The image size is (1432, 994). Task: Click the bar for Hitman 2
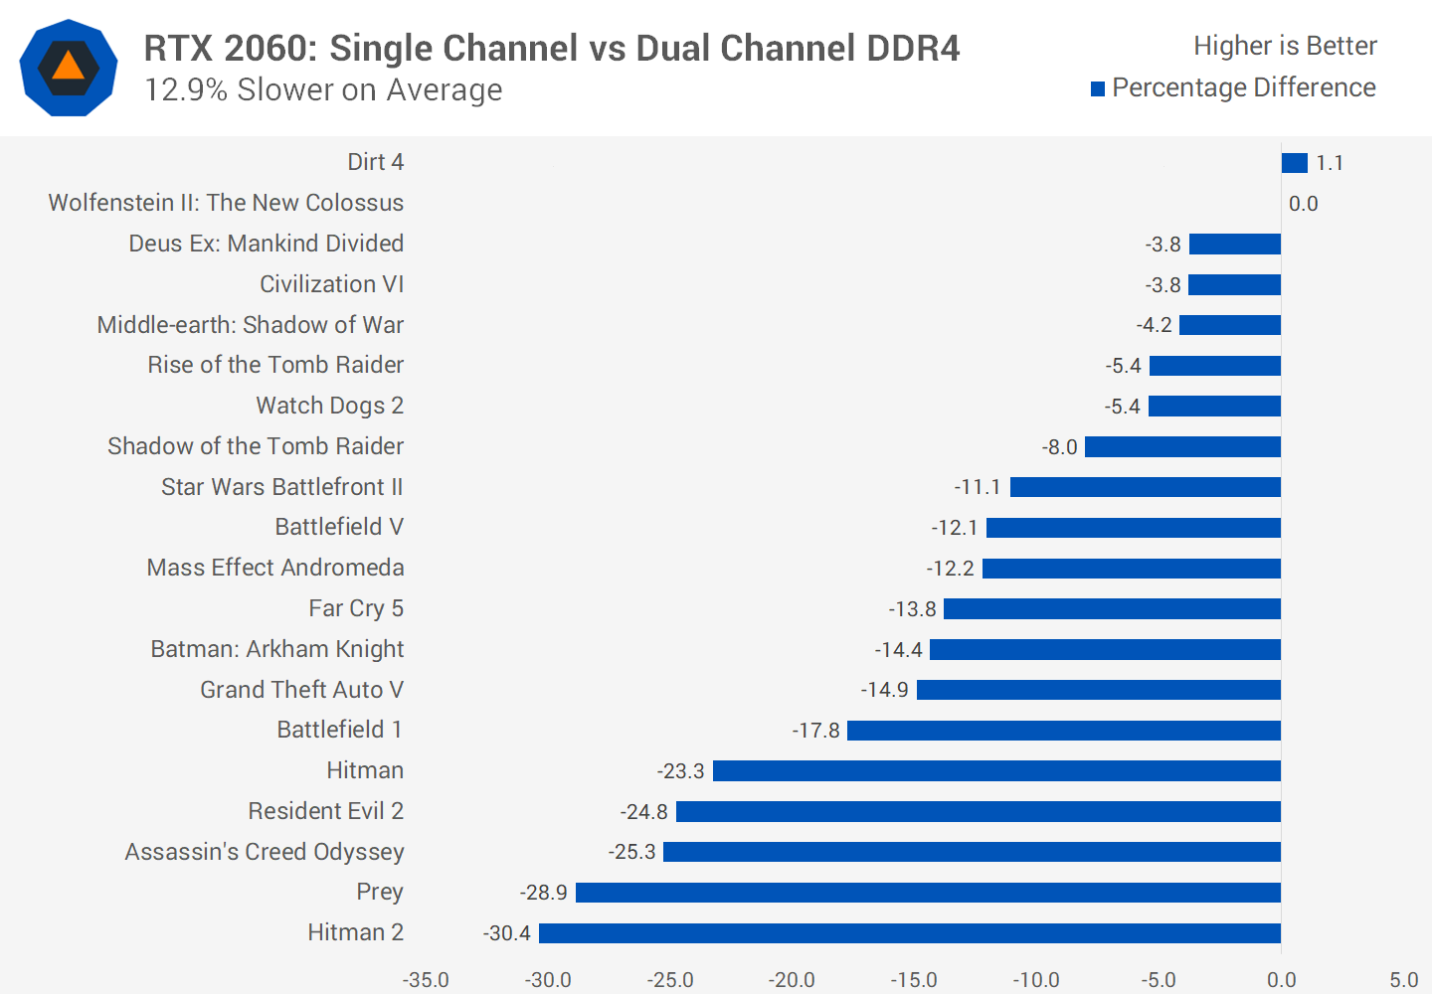click(x=909, y=933)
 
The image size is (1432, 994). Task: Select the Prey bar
click(x=928, y=893)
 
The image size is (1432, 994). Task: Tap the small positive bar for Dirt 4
click(x=1294, y=163)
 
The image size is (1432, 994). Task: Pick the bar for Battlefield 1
click(x=1063, y=731)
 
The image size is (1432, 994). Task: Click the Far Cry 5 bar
click(x=1112, y=608)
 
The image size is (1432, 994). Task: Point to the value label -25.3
click(x=632, y=852)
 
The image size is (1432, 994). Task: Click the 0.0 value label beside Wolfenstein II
click(x=1303, y=204)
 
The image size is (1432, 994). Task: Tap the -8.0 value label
click(x=1060, y=447)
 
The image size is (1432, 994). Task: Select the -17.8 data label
click(x=816, y=731)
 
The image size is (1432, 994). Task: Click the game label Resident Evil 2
click(x=326, y=811)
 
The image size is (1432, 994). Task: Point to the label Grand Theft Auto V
click(x=302, y=690)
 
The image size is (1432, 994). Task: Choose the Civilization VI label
click(x=332, y=284)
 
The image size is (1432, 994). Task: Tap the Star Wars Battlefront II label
click(x=282, y=487)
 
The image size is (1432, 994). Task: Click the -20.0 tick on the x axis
click(x=792, y=980)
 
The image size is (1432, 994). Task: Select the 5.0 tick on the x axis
click(x=1403, y=980)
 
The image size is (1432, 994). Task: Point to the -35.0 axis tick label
click(x=426, y=980)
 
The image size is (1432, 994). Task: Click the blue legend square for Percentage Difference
click(x=1098, y=89)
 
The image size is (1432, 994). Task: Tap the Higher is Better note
click(x=1285, y=46)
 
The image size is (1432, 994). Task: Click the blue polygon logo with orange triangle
click(x=69, y=68)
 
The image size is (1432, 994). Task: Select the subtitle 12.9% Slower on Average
click(x=323, y=90)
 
